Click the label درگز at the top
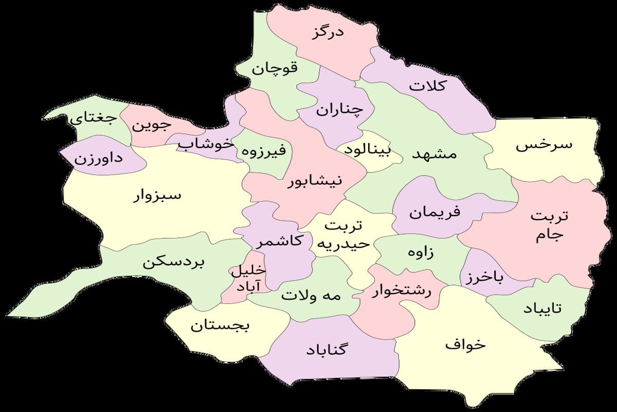pos(328,33)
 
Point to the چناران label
pos(340,109)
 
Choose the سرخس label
pos(544,145)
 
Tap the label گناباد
pos(326,350)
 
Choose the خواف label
pos(465,344)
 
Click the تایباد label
pos(543,308)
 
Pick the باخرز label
pos(485,278)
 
